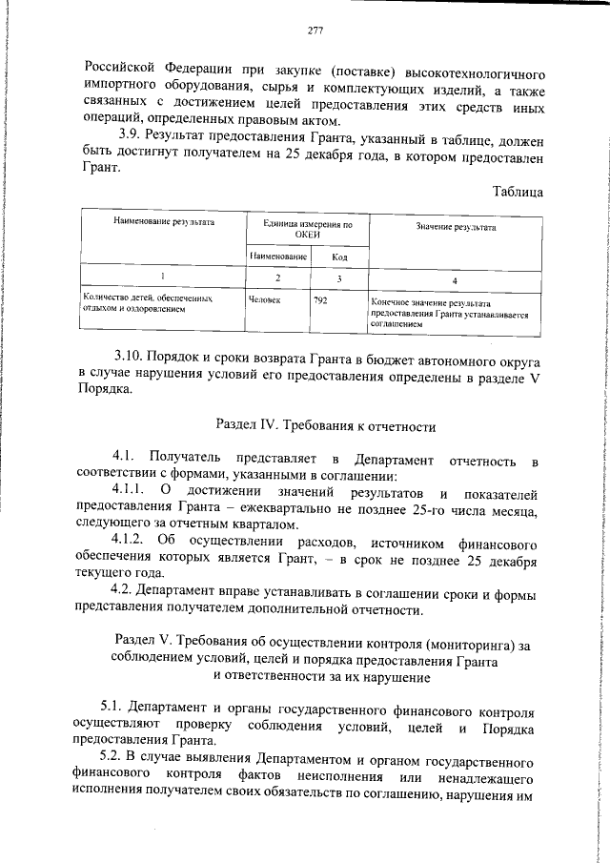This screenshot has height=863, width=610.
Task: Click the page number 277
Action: (x=316, y=31)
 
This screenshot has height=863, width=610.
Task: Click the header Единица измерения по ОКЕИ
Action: (x=307, y=230)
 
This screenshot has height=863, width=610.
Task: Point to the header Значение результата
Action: (x=456, y=227)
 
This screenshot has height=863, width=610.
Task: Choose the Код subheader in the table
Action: (x=338, y=257)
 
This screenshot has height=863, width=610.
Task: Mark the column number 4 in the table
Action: (x=455, y=280)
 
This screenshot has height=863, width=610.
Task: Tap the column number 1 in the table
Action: (x=163, y=278)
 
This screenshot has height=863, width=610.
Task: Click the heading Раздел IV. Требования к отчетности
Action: (x=314, y=424)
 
